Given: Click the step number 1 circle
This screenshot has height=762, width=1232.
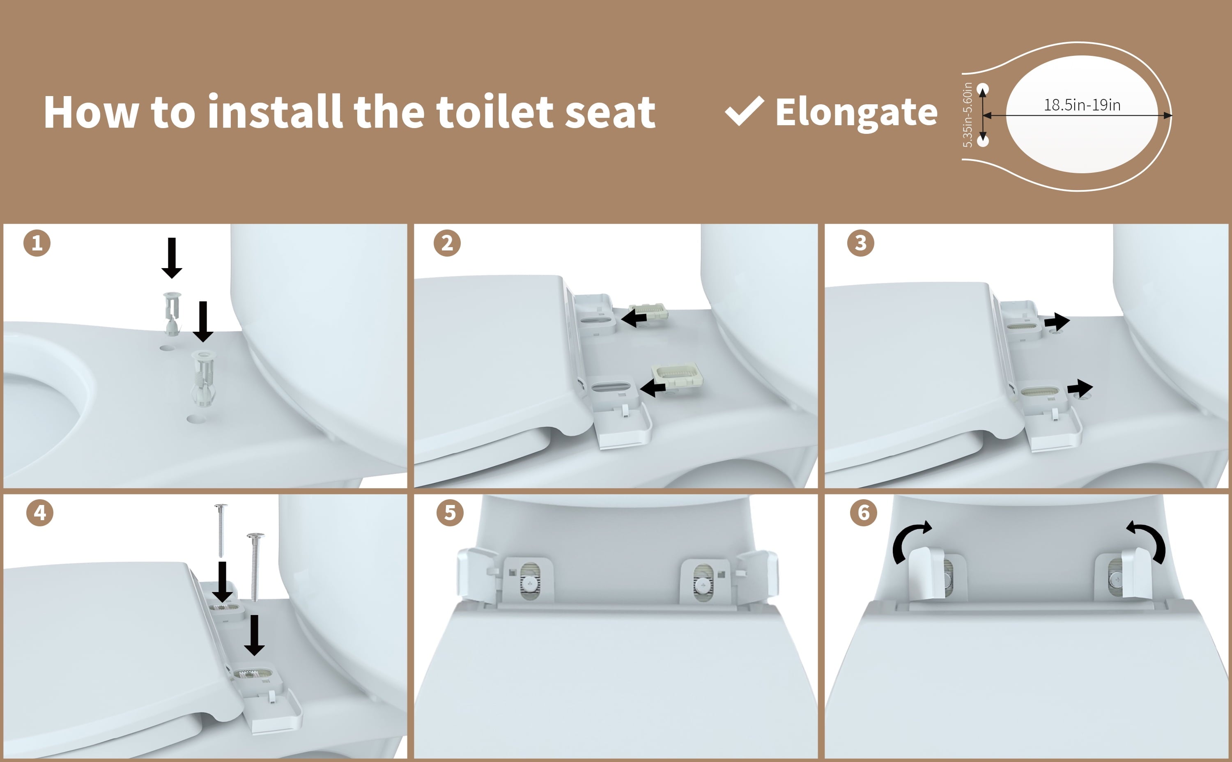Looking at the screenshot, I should point(37,243).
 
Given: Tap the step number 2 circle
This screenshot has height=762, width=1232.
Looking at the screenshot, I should point(447,243).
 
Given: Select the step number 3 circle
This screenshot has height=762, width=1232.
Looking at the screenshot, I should point(860,243).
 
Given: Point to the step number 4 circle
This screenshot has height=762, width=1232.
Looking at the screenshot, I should point(40,513).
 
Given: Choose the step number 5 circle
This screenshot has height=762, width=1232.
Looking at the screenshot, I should point(450,513).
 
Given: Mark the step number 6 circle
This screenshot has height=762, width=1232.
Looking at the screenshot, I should point(864,513).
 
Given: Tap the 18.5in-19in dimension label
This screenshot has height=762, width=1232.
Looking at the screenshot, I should point(1082,106).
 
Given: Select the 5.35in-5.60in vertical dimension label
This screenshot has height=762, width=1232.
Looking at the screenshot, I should point(968,115).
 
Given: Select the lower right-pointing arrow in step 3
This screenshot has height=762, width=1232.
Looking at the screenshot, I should point(1080,388).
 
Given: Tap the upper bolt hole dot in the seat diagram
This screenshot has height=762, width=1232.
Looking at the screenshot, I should point(983,89).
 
